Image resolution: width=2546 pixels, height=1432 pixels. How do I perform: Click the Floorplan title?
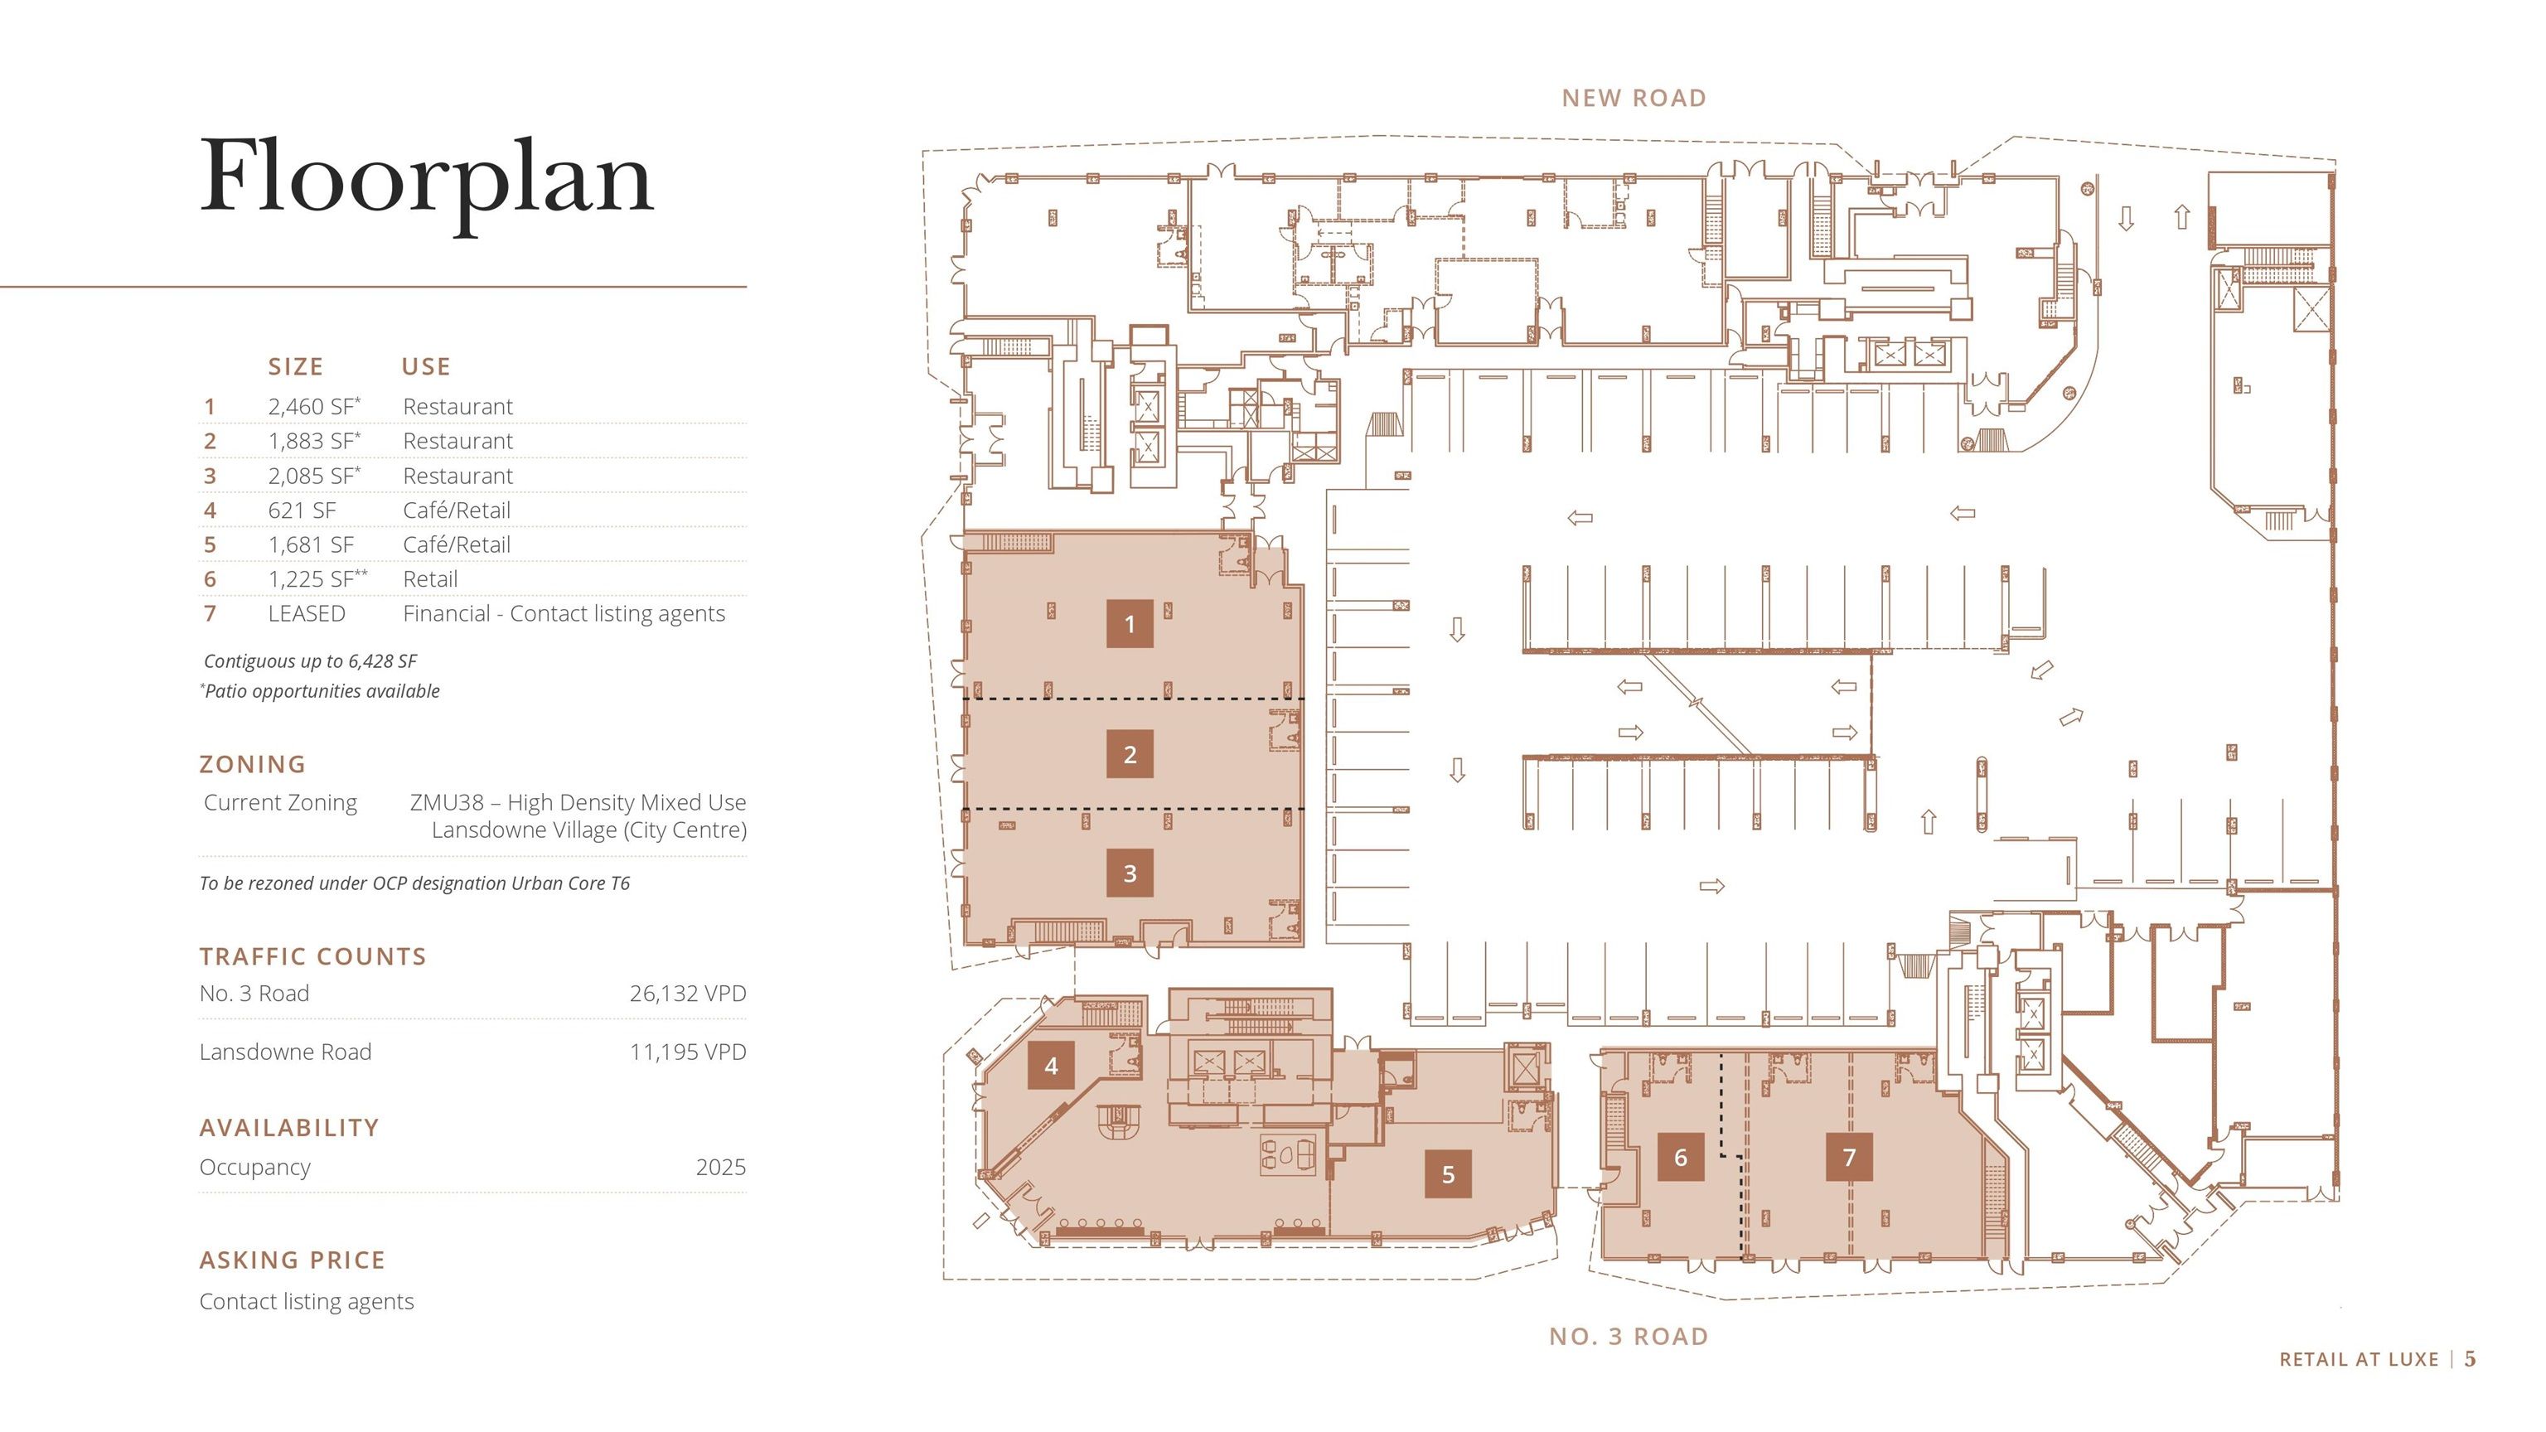coord(426,178)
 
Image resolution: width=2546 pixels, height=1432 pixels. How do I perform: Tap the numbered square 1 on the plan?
coord(1130,623)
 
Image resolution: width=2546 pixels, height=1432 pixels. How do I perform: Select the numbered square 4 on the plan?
coord(1051,1066)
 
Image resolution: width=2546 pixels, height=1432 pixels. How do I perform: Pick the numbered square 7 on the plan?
coord(1849,1156)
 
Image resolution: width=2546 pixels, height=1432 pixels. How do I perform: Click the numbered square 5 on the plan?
coord(1448,1174)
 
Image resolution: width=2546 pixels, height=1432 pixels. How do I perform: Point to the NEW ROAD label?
coord(1634,98)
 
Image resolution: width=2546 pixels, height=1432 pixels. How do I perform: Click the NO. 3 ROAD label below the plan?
coord(1629,1336)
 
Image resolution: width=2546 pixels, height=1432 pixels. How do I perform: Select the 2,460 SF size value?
coord(312,406)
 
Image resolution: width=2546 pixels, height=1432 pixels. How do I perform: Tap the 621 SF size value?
coord(302,510)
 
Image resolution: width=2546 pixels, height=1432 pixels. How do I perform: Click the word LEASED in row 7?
coord(307,614)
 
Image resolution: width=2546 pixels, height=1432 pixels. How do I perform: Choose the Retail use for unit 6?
coord(430,579)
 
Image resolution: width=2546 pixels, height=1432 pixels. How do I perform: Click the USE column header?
coord(426,366)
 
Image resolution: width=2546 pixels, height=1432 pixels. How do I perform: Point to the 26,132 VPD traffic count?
coord(687,994)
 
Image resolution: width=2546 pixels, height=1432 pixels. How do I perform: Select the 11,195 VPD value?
coord(687,1052)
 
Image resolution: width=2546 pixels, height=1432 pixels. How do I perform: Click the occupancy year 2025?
coord(720,1167)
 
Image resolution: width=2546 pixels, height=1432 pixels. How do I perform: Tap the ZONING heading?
coord(253,764)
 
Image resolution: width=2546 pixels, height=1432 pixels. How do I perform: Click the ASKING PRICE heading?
coord(293,1260)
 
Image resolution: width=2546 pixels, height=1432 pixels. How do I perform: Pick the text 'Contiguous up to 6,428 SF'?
coord(310,661)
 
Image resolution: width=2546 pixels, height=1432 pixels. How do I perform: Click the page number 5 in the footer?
coord(2470,1359)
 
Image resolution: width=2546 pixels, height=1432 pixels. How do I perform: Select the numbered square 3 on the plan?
coord(1130,873)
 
